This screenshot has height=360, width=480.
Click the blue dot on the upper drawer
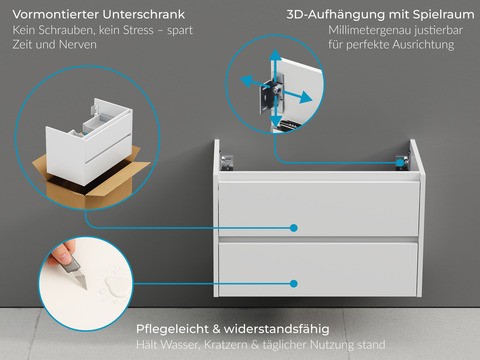click(294, 228)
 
